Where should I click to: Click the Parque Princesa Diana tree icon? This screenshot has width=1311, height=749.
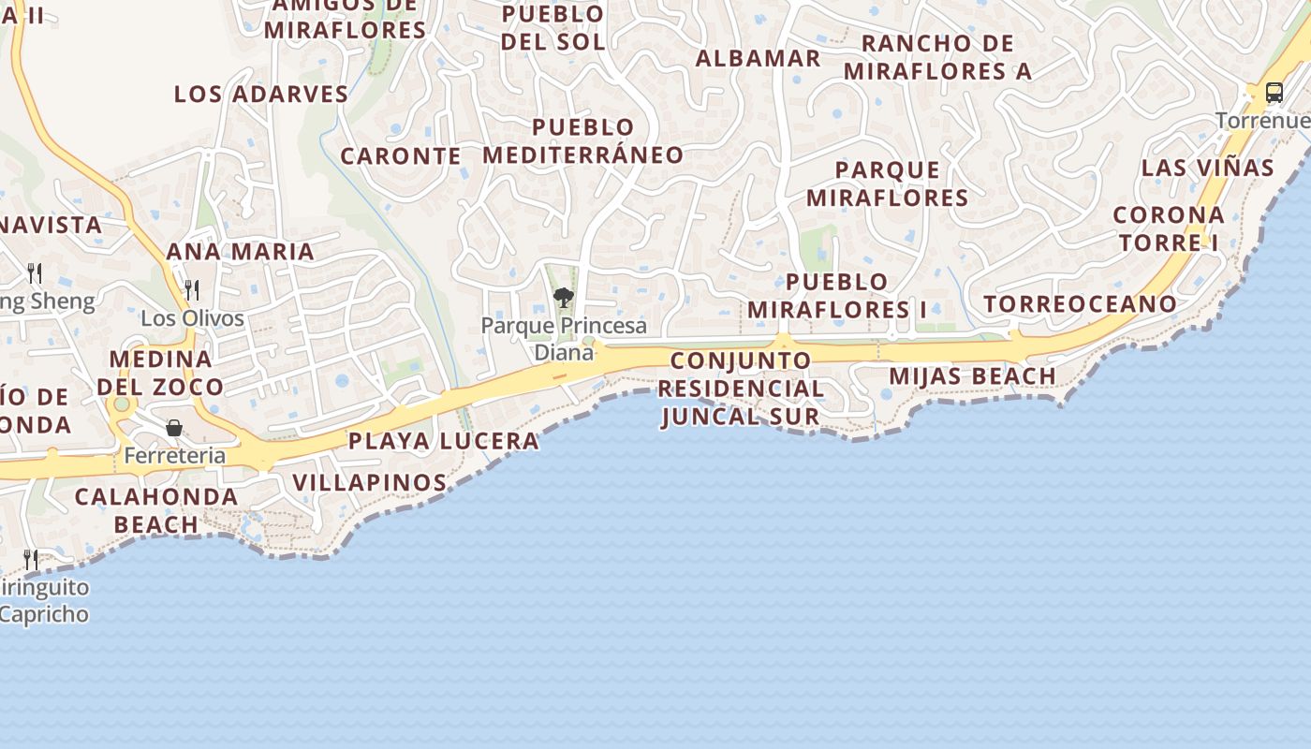tap(563, 298)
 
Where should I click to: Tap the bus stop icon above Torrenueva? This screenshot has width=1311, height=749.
tap(1274, 92)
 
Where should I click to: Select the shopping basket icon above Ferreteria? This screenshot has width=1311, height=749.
tap(174, 428)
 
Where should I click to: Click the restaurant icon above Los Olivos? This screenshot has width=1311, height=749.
tap(192, 289)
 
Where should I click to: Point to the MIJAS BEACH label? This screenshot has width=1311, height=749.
tap(972, 376)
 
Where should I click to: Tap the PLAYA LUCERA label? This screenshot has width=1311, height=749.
tap(444, 441)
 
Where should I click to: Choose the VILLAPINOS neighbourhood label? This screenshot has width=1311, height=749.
tap(370, 483)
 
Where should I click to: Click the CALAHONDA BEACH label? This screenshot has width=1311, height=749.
tap(156, 510)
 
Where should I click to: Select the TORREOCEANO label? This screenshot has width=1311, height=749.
tap(1080, 304)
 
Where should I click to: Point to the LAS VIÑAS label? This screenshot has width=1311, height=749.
tap(1207, 169)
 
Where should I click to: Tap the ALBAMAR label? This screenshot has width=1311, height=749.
tap(759, 58)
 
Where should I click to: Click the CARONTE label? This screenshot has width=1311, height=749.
tap(401, 156)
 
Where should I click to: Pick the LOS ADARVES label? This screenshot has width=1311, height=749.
tap(261, 95)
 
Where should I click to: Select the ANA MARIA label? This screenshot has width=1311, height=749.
tap(241, 252)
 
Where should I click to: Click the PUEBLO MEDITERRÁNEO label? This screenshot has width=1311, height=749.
tap(583, 141)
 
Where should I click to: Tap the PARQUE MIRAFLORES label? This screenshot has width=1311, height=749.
tap(887, 184)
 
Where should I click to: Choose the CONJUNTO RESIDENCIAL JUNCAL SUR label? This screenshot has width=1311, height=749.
tap(741, 389)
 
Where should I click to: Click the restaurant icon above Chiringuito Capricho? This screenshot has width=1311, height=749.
tap(32, 560)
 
